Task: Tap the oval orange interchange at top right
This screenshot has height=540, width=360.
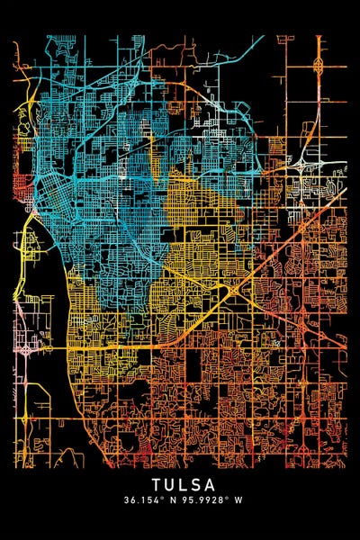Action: [319, 65]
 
